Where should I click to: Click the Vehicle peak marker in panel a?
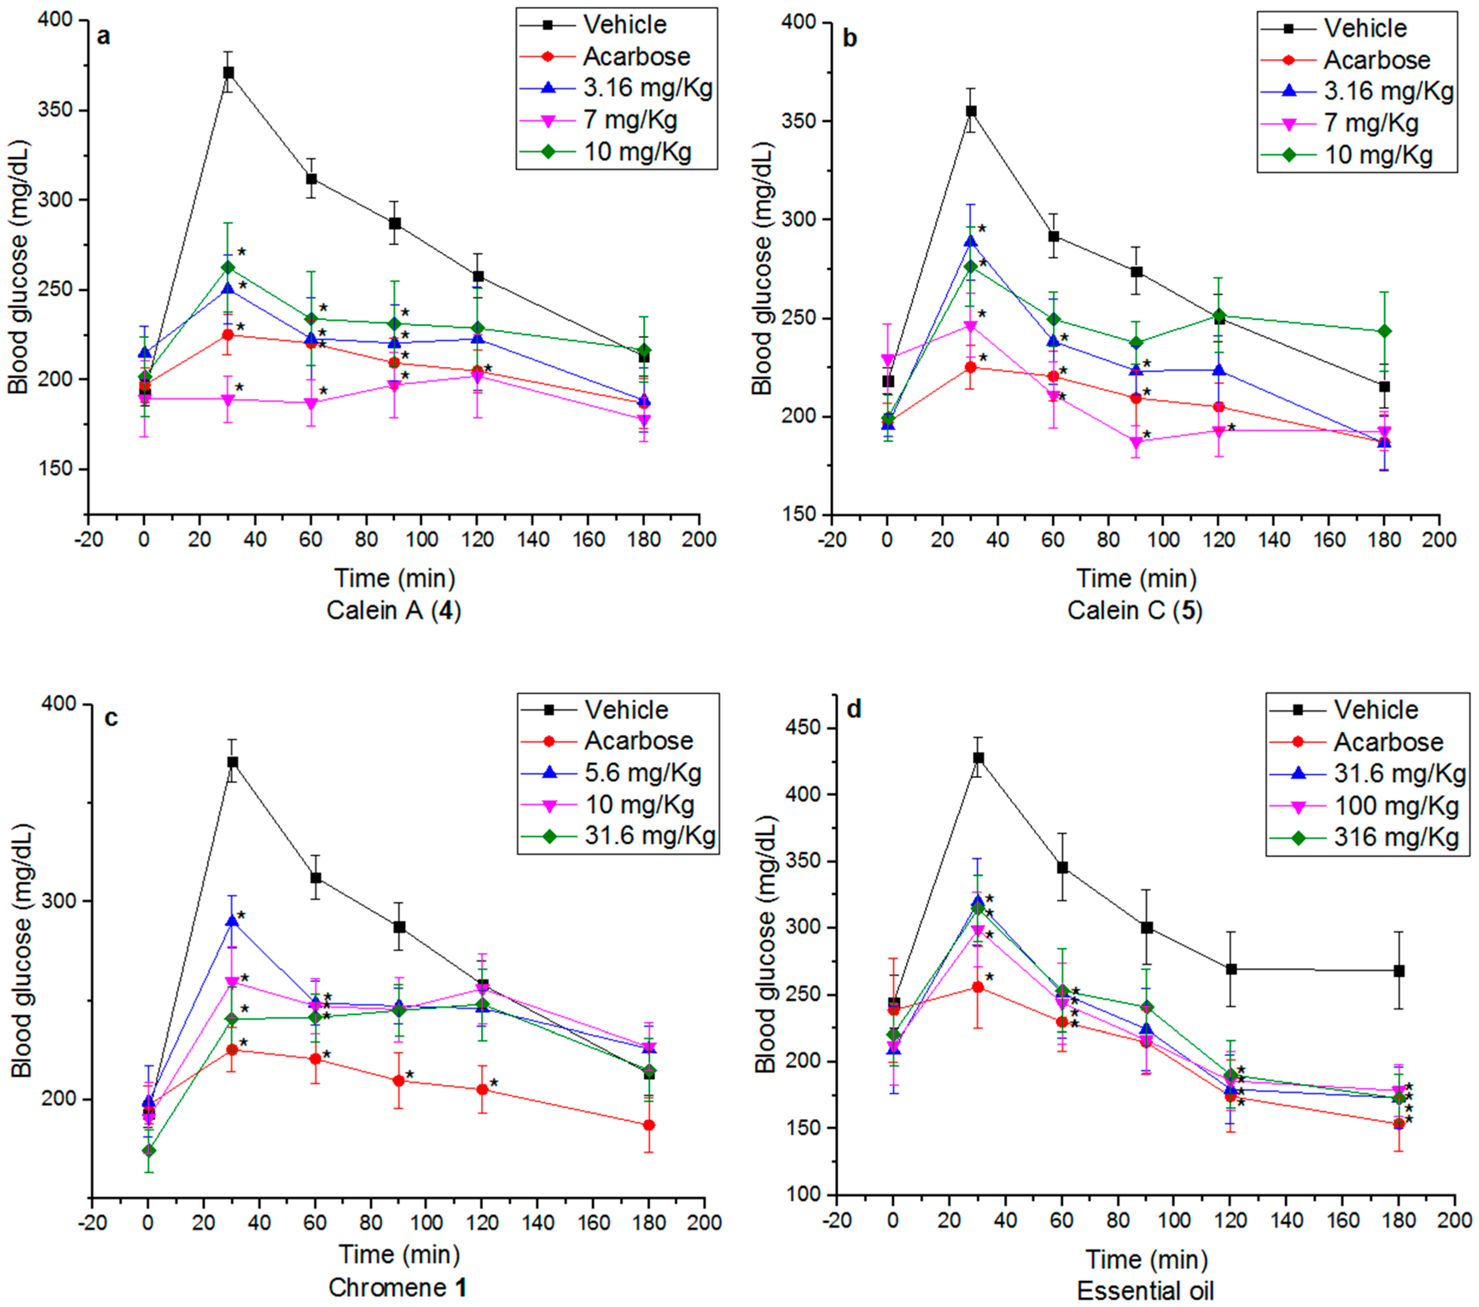[228, 73]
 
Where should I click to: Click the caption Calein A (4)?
[394, 611]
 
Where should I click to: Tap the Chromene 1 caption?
[397, 1287]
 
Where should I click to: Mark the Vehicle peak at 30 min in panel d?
[978, 758]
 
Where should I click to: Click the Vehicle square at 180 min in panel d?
[1399, 971]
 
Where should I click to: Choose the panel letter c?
[111, 718]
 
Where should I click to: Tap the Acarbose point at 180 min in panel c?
[649, 1125]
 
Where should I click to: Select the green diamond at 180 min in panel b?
[1384, 332]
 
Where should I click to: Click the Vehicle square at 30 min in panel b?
[971, 111]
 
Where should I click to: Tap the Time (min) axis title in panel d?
[1146, 1259]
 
